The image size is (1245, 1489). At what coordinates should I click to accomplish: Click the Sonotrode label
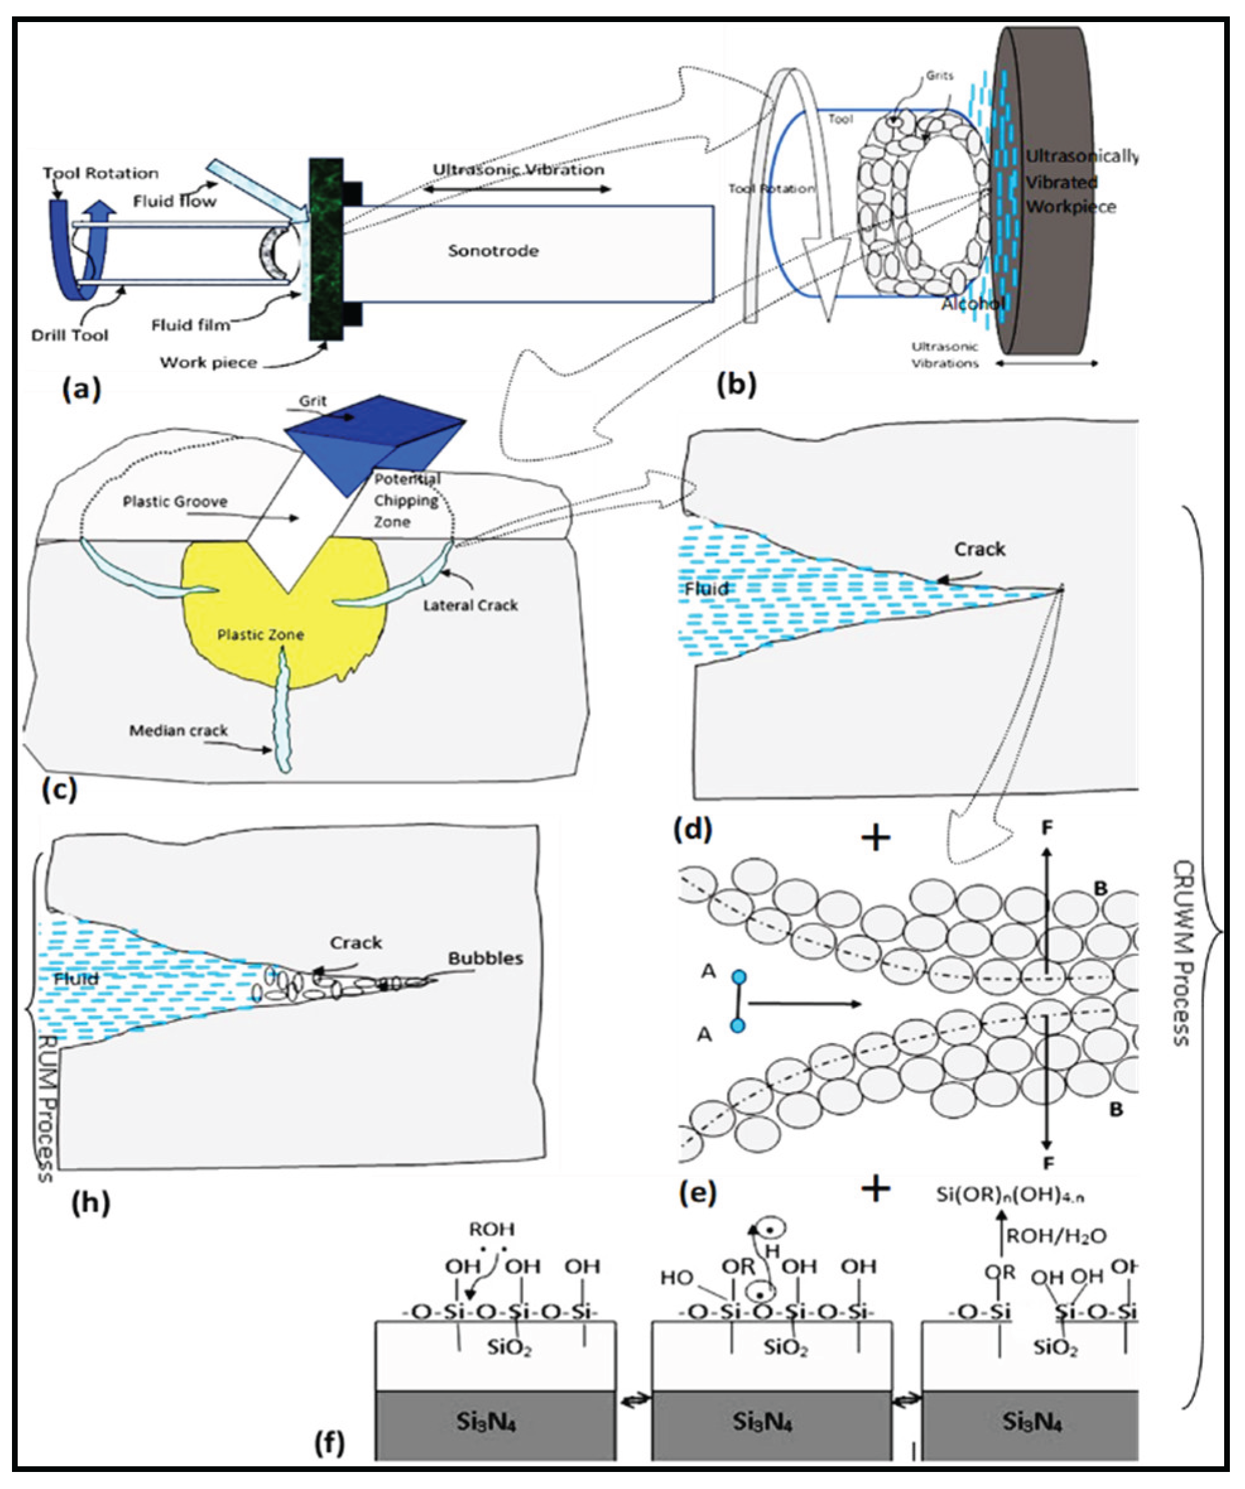click(x=493, y=250)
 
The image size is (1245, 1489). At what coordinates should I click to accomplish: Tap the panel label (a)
click(x=82, y=389)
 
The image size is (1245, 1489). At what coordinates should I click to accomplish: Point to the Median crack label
click(x=178, y=730)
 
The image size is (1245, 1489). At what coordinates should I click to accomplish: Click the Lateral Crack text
click(x=470, y=605)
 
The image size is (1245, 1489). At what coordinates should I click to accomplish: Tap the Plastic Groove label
click(x=175, y=501)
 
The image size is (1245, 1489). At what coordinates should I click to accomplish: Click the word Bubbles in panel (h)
click(x=485, y=958)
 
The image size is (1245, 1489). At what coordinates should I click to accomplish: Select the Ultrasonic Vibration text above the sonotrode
click(x=519, y=170)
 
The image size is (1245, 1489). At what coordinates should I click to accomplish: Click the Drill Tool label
click(x=69, y=335)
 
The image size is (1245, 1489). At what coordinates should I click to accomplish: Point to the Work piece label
click(x=208, y=363)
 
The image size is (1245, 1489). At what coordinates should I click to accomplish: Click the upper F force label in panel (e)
click(x=1046, y=827)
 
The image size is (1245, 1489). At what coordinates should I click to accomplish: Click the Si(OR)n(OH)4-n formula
click(x=1010, y=1196)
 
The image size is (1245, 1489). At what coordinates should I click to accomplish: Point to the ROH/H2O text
click(x=1056, y=1237)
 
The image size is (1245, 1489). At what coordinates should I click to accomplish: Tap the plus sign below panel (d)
click(x=876, y=838)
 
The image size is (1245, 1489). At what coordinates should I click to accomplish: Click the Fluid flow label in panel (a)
click(x=175, y=201)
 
